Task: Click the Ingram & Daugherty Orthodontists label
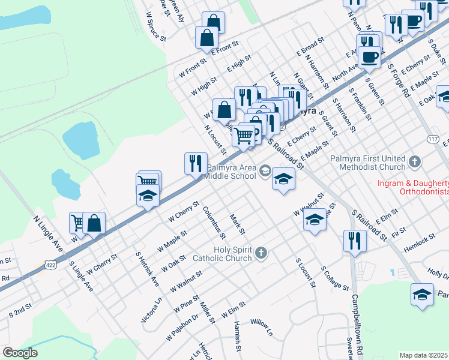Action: point(412,187)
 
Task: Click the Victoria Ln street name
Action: point(151,310)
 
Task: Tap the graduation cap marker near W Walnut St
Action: point(313,220)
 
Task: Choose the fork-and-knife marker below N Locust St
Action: point(195,163)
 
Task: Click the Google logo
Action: point(20,353)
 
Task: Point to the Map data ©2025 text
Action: point(424,355)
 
